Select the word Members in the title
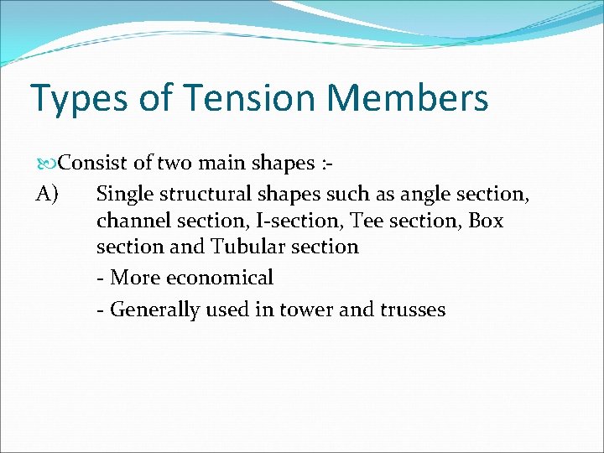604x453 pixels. tap(408, 97)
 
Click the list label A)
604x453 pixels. tap(47, 195)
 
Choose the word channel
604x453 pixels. tap(131, 221)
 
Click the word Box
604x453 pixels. tap(486, 221)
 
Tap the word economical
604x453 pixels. tap(220, 278)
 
